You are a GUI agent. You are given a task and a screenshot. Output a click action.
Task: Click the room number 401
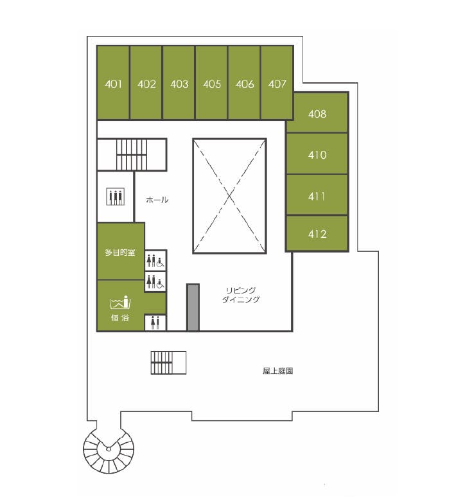113,84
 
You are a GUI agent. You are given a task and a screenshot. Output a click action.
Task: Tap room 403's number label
179,84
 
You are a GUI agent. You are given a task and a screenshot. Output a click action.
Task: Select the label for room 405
212,84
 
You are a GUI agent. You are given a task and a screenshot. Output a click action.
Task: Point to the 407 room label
277,84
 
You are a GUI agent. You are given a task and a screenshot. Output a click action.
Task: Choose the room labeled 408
317,114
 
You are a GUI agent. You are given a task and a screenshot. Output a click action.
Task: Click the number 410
317,155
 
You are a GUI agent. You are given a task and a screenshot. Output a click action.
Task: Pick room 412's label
317,235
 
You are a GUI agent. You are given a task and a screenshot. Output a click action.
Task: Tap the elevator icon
116,197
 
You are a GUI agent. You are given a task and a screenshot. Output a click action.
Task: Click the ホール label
157,200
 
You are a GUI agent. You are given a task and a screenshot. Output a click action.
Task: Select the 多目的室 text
120,253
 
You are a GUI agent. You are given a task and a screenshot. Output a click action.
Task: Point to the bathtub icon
120,302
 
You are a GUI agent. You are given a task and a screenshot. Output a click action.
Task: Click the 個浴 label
120,317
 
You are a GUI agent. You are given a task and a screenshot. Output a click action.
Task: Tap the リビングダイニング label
241,295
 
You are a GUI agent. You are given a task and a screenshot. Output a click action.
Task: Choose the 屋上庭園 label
277,371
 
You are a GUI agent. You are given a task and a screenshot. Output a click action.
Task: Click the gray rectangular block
193,307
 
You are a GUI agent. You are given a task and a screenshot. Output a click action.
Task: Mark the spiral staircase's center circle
109,449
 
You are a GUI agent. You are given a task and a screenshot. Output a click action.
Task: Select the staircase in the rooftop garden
168,362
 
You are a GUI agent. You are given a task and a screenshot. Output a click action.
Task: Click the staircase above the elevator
132,155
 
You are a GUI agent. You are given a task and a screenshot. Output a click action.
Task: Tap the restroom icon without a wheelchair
155,323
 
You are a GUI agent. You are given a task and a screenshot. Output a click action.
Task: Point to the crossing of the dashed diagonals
229,196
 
